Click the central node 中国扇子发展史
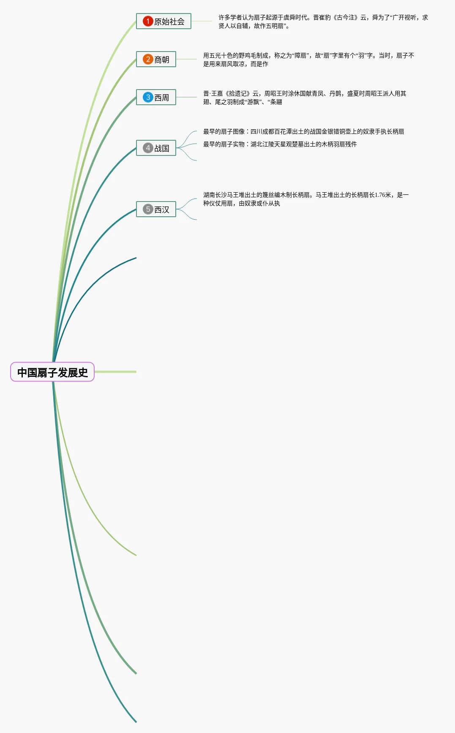pyautogui.click(x=52, y=372)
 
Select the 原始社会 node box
pyautogui.click(x=163, y=21)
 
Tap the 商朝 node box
pyautogui.click(x=156, y=59)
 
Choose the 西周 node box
pyautogui.click(x=156, y=97)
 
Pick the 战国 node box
pyautogui.click(x=156, y=148)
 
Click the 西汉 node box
pyautogui.click(x=156, y=209)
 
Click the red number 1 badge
pyautogui.click(x=148, y=21)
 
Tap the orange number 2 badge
pyautogui.click(x=148, y=59)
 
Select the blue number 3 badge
pyautogui.click(x=148, y=97)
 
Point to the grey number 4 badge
pyautogui.click(x=148, y=148)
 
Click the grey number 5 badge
pyautogui.click(x=148, y=209)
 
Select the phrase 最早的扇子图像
pyautogui.click(x=224, y=132)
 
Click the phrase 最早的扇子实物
pyautogui.click(x=224, y=144)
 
